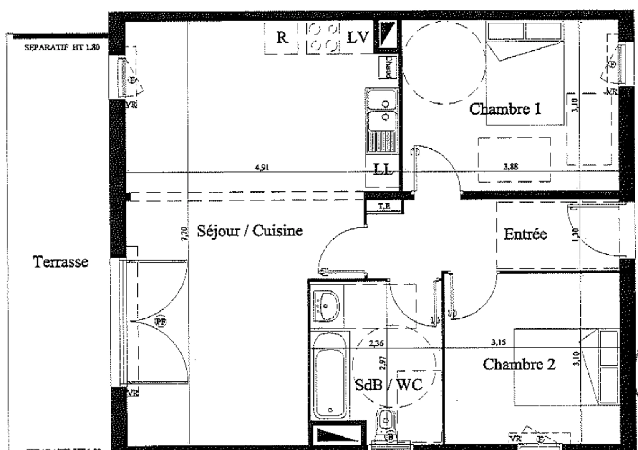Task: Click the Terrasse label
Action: (61, 262)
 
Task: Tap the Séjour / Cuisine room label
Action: (250, 231)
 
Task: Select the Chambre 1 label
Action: (505, 109)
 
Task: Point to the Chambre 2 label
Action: (519, 364)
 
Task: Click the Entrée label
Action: (525, 234)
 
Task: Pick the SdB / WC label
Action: (388, 385)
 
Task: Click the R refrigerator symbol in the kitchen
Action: (282, 38)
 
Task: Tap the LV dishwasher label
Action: (358, 38)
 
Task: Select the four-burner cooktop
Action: (323, 38)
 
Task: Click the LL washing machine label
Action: (382, 170)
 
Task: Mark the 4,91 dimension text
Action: (262, 167)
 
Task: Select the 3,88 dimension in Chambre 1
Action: (511, 167)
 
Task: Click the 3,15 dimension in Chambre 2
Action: (499, 343)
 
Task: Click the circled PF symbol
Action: (160, 321)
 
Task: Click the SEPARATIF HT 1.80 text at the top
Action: (62, 47)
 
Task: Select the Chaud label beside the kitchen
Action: (388, 67)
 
